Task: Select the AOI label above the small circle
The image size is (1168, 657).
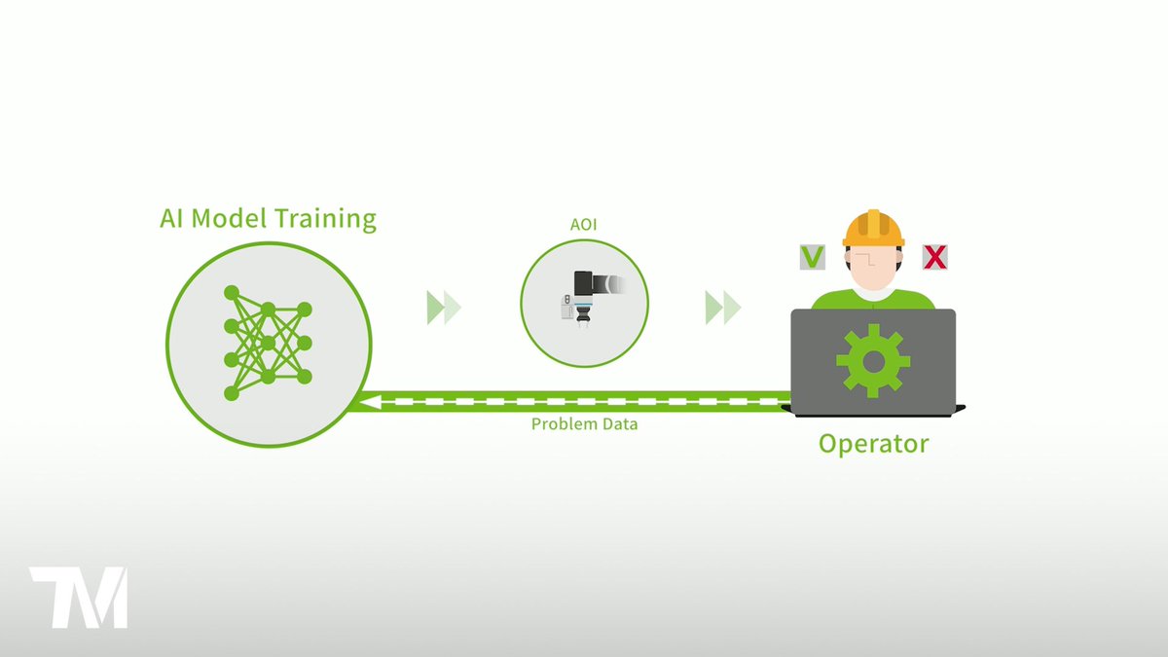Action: coord(584,225)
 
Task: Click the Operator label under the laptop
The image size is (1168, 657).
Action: coord(873,445)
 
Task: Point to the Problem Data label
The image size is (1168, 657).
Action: coord(584,424)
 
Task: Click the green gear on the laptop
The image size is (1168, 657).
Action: coord(873,360)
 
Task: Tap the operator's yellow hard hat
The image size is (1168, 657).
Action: coord(873,228)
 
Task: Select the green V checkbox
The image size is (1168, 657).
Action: coord(812,257)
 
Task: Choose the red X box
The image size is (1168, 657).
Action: coord(935,257)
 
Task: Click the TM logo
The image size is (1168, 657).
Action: coord(79,597)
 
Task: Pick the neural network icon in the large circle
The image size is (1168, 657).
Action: coord(267,343)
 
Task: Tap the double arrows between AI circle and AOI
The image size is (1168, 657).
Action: coord(444,308)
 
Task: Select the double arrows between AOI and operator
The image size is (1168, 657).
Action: coord(723,308)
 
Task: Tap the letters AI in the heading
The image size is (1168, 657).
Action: coord(173,219)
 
